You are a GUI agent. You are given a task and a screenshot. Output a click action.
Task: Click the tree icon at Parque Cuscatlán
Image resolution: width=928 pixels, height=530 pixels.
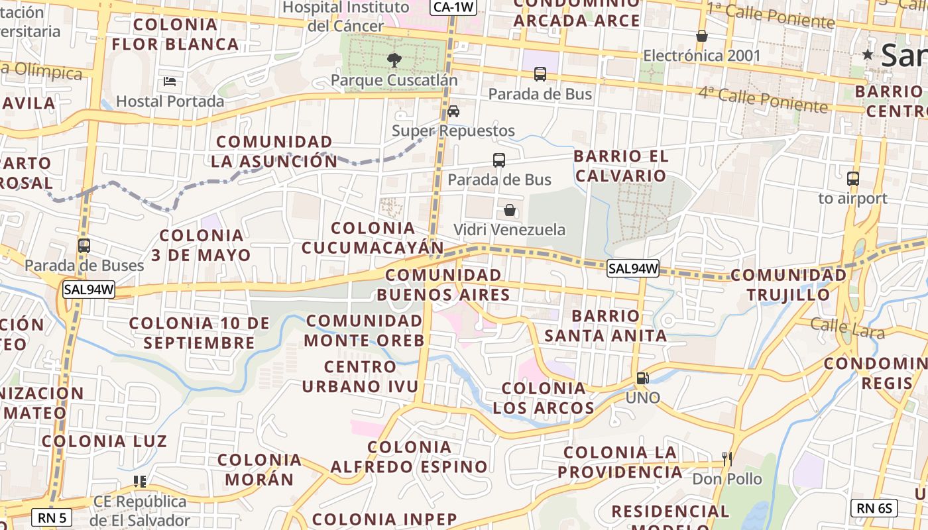pyautogui.click(x=394, y=60)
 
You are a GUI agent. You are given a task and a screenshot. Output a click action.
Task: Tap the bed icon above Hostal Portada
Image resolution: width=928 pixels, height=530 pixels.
pyautogui.click(x=170, y=81)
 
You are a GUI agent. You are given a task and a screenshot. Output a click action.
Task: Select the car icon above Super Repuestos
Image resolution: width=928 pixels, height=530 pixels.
pyautogui.click(x=453, y=111)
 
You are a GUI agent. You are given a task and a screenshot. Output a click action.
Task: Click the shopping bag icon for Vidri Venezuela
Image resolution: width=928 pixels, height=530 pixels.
pyautogui.click(x=510, y=210)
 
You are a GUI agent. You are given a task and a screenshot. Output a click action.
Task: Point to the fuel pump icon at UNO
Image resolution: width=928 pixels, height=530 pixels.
pyautogui.click(x=642, y=378)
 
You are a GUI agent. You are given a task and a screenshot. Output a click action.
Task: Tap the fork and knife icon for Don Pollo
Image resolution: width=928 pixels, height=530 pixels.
pyautogui.click(x=727, y=458)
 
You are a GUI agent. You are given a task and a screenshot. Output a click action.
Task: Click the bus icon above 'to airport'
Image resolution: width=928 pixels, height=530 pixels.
pyautogui.click(x=853, y=178)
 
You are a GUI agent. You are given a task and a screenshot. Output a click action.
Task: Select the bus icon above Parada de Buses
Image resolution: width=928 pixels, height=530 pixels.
pyautogui.click(x=84, y=245)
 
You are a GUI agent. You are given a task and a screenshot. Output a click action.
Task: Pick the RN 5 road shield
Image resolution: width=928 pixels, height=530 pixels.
pyautogui.click(x=52, y=517)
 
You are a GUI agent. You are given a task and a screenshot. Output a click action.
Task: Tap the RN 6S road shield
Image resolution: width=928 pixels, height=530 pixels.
pyautogui.click(x=874, y=508)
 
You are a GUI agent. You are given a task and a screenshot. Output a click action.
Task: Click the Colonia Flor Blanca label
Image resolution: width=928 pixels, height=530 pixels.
pyautogui.click(x=175, y=34)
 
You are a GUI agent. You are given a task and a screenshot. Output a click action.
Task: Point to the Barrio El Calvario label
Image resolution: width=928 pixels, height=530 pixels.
pyautogui.click(x=620, y=166)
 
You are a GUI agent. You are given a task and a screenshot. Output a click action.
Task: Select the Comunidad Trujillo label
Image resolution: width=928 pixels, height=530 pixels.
pyautogui.click(x=789, y=285)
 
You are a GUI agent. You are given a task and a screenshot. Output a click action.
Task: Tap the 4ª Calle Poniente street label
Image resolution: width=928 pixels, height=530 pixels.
pyautogui.click(x=762, y=99)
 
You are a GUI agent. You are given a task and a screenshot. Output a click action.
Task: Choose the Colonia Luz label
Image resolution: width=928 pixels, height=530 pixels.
pyautogui.click(x=104, y=441)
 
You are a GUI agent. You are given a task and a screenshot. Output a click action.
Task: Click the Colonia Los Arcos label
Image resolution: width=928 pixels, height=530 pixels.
pyautogui.click(x=544, y=398)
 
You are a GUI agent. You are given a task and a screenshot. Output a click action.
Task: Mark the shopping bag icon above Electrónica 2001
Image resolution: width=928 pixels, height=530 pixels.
pyautogui.click(x=702, y=36)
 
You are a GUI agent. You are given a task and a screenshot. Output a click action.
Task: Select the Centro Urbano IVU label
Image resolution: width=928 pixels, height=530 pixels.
pyautogui.click(x=361, y=376)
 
